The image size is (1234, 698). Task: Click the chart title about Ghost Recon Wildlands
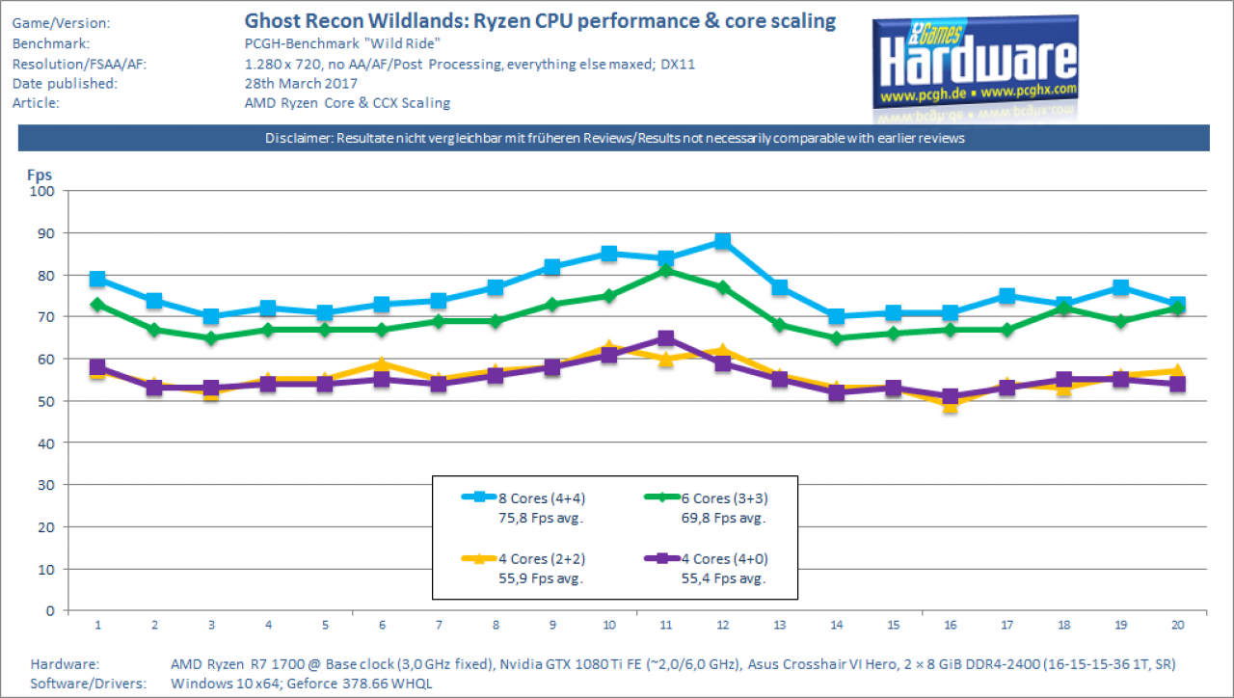click(540, 21)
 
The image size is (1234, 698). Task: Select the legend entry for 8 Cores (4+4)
click(523, 507)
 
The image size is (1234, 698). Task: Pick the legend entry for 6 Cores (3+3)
click(706, 507)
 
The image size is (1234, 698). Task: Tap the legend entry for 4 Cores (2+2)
click(523, 568)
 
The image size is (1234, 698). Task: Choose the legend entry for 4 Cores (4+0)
click(706, 568)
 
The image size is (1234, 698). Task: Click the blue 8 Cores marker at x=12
click(723, 241)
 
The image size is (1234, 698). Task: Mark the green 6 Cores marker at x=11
click(666, 271)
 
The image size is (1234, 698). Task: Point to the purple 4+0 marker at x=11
click(666, 337)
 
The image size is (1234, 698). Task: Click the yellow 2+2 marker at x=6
click(383, 363)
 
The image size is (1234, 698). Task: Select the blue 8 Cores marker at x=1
click(97, 279)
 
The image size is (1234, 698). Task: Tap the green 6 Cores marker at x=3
click(211, 338)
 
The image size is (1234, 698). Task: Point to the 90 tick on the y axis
click(46, 233)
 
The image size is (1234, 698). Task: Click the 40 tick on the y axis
click(46, 443)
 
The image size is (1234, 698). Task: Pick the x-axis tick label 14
click(836, 625)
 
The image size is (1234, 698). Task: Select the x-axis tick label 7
click(439, 625)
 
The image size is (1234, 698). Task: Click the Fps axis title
click(40, 175)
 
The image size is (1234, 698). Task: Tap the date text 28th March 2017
click(301, 83)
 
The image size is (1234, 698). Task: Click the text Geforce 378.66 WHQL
click(360, 684)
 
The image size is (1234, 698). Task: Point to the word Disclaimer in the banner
click(298, 138)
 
